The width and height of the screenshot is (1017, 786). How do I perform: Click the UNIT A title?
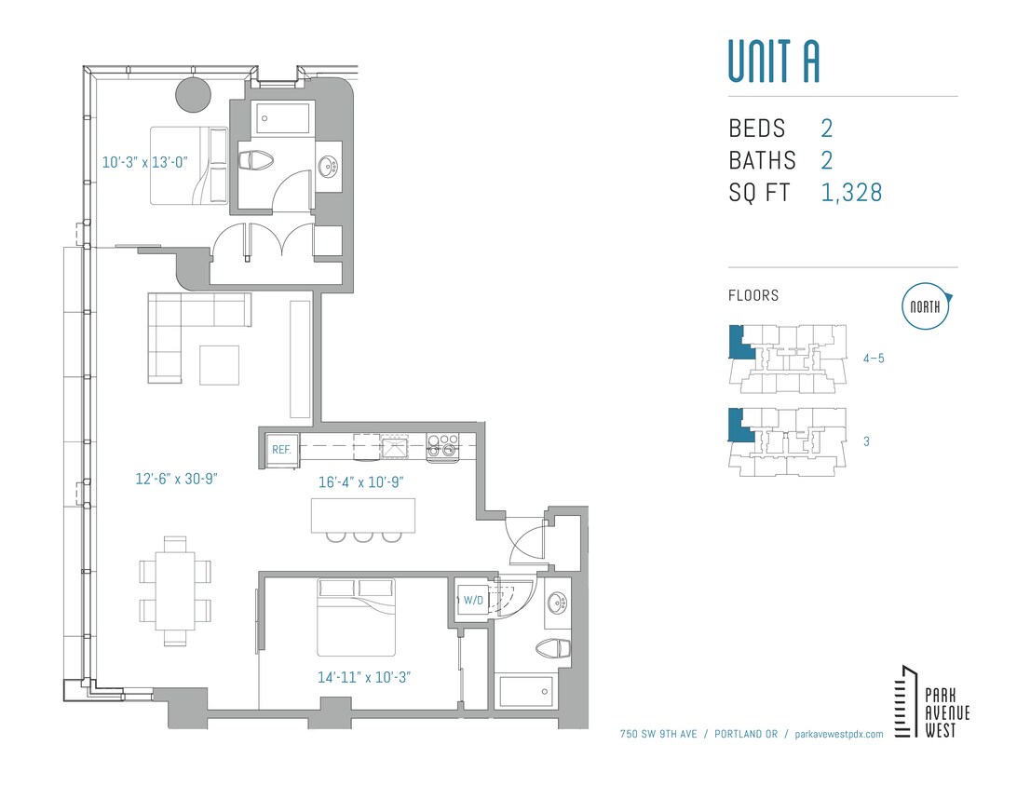point(773,61)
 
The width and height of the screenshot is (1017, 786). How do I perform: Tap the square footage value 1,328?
point(851,193)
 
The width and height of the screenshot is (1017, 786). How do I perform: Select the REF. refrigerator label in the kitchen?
point(281,449)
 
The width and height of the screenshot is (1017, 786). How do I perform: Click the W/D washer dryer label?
point(473,600)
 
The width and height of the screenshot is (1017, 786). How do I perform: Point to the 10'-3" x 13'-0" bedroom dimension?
point(144,161)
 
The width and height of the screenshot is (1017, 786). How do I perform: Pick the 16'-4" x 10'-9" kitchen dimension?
point(359,482)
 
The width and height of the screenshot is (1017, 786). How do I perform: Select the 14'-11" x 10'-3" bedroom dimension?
point(364,677)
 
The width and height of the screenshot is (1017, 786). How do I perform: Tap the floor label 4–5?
point(873,358)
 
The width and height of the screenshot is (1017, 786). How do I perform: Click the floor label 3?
point(866,441)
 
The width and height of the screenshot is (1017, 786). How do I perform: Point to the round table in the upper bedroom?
point(194,93)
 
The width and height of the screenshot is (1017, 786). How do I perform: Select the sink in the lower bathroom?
point(558,603)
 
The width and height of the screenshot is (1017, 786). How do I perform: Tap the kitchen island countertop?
point(362,514)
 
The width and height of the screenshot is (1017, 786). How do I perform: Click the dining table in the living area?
point(175,590)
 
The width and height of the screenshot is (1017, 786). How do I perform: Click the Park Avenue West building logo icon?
point(904,701)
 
